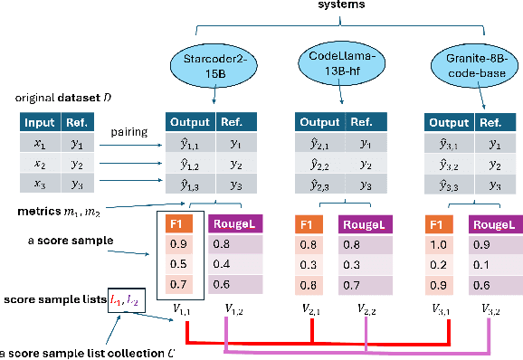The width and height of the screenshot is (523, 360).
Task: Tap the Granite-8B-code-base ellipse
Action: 463,62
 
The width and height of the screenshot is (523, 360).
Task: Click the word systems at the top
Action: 342,5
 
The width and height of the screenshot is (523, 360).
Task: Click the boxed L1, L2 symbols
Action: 122,298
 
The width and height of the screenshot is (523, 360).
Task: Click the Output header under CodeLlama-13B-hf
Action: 319,122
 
